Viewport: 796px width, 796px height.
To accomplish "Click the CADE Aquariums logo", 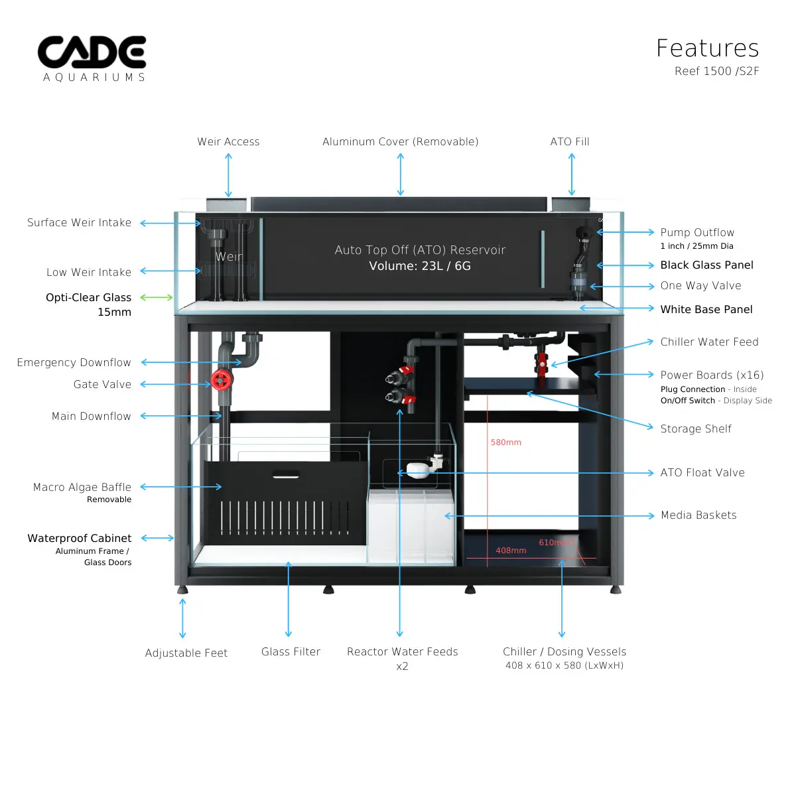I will tap(92, 58).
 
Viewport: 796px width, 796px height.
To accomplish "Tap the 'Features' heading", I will tap(707, 48).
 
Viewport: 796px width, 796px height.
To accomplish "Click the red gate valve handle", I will tap(221, 380).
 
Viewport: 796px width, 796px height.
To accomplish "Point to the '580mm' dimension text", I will tap(506, 442).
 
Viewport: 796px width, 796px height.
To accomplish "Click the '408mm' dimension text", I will tap(511, 551).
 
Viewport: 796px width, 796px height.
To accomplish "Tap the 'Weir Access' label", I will tap(228, 142).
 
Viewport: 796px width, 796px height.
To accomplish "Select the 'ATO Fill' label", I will tap(570, 142).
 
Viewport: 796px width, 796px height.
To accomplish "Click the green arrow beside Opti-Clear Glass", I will tap(157, 297).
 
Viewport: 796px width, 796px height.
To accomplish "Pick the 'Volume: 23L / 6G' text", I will tap(420, 266).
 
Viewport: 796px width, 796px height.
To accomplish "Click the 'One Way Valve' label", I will tap(700, 286).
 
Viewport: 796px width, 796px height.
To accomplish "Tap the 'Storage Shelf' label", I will tap(696, 429).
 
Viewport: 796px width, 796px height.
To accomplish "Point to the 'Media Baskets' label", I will tap(698, 515).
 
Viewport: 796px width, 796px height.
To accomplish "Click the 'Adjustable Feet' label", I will tap(186, 653).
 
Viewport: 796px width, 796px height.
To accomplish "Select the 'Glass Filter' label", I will tap(291, 652).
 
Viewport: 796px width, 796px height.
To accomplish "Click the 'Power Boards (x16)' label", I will tap(712, 375).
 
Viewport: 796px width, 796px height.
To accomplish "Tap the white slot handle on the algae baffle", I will tap(285, 474).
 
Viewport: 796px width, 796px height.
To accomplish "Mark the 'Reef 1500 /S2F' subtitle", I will tap(716, 72).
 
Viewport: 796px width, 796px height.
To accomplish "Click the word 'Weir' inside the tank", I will tap(228, 257).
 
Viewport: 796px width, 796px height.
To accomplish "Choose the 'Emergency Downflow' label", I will tap(74, 363).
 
